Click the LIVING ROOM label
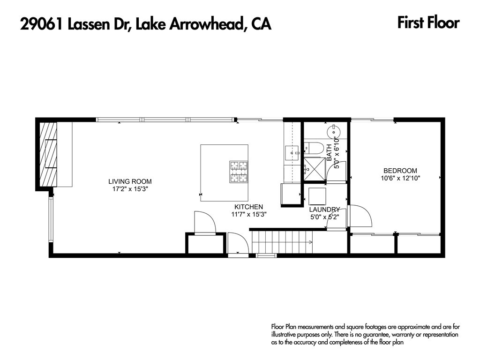coord(130,181)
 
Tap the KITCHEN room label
coord(248,207)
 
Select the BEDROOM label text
coord(400,171)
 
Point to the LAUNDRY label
coord(324,210)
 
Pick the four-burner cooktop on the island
coord(238,171)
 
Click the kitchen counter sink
coord(292,152)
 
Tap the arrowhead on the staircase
coord(310,242)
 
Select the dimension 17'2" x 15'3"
coord(130,189)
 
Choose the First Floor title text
coord(428,22)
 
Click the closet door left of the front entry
coord(204,223)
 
